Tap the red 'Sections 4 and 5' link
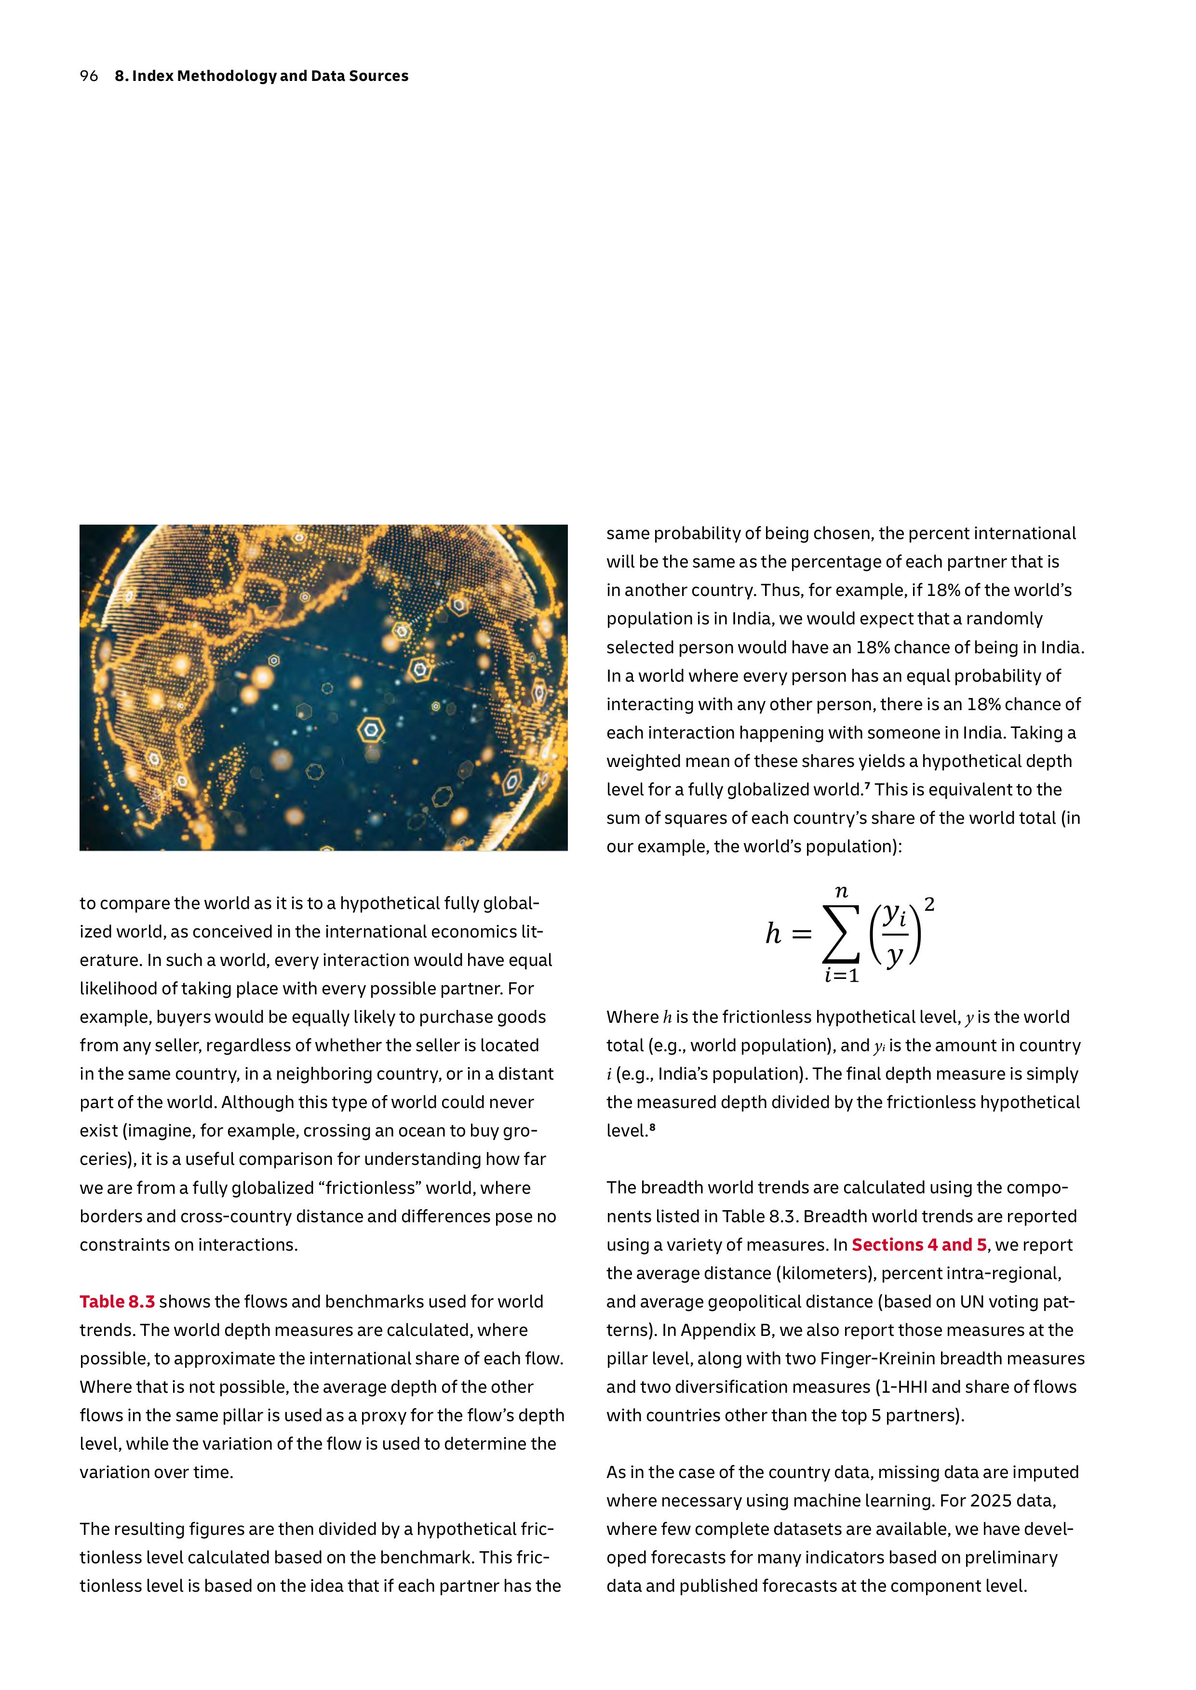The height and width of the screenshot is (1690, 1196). pos(919,1245)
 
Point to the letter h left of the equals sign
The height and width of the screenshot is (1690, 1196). pos(773,933)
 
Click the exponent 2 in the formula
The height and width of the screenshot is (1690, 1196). pos(929,905)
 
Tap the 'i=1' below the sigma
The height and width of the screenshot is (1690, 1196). pos(841,976)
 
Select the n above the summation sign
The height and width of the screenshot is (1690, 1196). pos(841,893)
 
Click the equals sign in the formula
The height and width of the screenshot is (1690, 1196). pos(801,935)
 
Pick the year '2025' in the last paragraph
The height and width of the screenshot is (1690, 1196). pos(992,1501)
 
